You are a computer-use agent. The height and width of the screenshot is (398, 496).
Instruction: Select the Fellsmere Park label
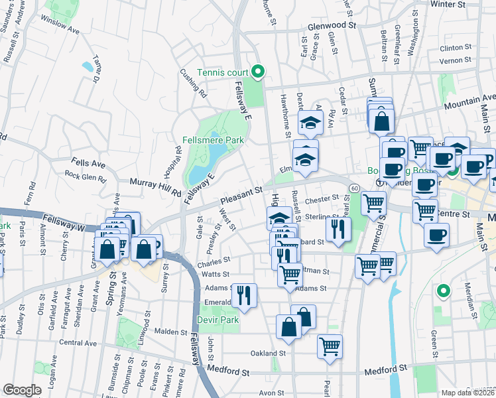coord(214,140)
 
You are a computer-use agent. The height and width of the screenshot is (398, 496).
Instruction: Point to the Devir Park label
coord(217,320)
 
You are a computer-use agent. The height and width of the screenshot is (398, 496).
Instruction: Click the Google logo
coord(22,390)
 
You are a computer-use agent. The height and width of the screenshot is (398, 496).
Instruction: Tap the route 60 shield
coord(355,189)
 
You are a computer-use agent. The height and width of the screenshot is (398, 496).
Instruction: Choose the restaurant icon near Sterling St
coord(338,230)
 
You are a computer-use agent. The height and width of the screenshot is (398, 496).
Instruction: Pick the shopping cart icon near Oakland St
coord(330,346)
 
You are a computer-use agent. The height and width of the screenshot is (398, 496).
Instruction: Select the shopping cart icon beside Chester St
coord(373,203)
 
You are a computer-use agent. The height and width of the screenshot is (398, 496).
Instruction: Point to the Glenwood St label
coord(332,27)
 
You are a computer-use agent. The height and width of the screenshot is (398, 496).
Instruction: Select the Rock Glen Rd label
coord(85,177)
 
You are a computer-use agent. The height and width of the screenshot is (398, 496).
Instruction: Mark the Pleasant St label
coord(241,196)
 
